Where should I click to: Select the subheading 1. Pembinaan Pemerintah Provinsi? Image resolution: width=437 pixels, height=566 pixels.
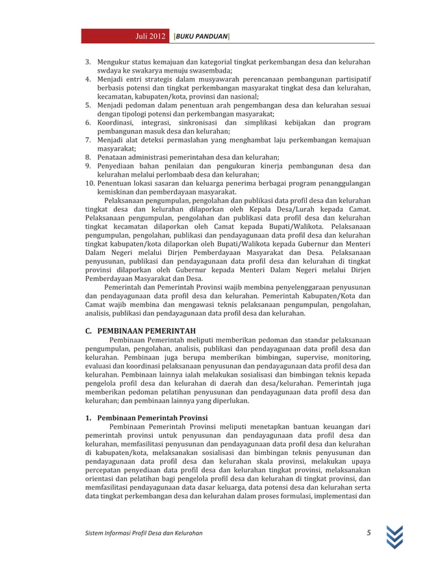click(148, 417)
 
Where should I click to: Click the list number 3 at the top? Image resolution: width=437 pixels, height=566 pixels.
click(88, 63)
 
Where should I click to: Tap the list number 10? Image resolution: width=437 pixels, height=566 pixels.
click(90, 184)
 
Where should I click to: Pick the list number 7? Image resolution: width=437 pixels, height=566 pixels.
click(88, 140)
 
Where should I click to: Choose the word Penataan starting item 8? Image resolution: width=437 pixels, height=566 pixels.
click(114, 158)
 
